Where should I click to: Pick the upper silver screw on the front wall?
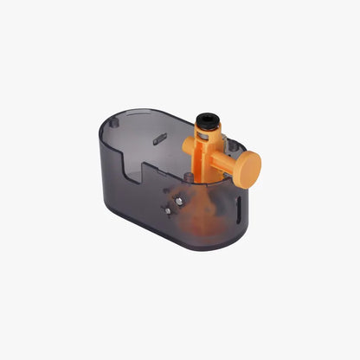tap(178, 200)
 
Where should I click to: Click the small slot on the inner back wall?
tap(159, 137)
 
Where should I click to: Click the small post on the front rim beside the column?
tap(188, 177)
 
